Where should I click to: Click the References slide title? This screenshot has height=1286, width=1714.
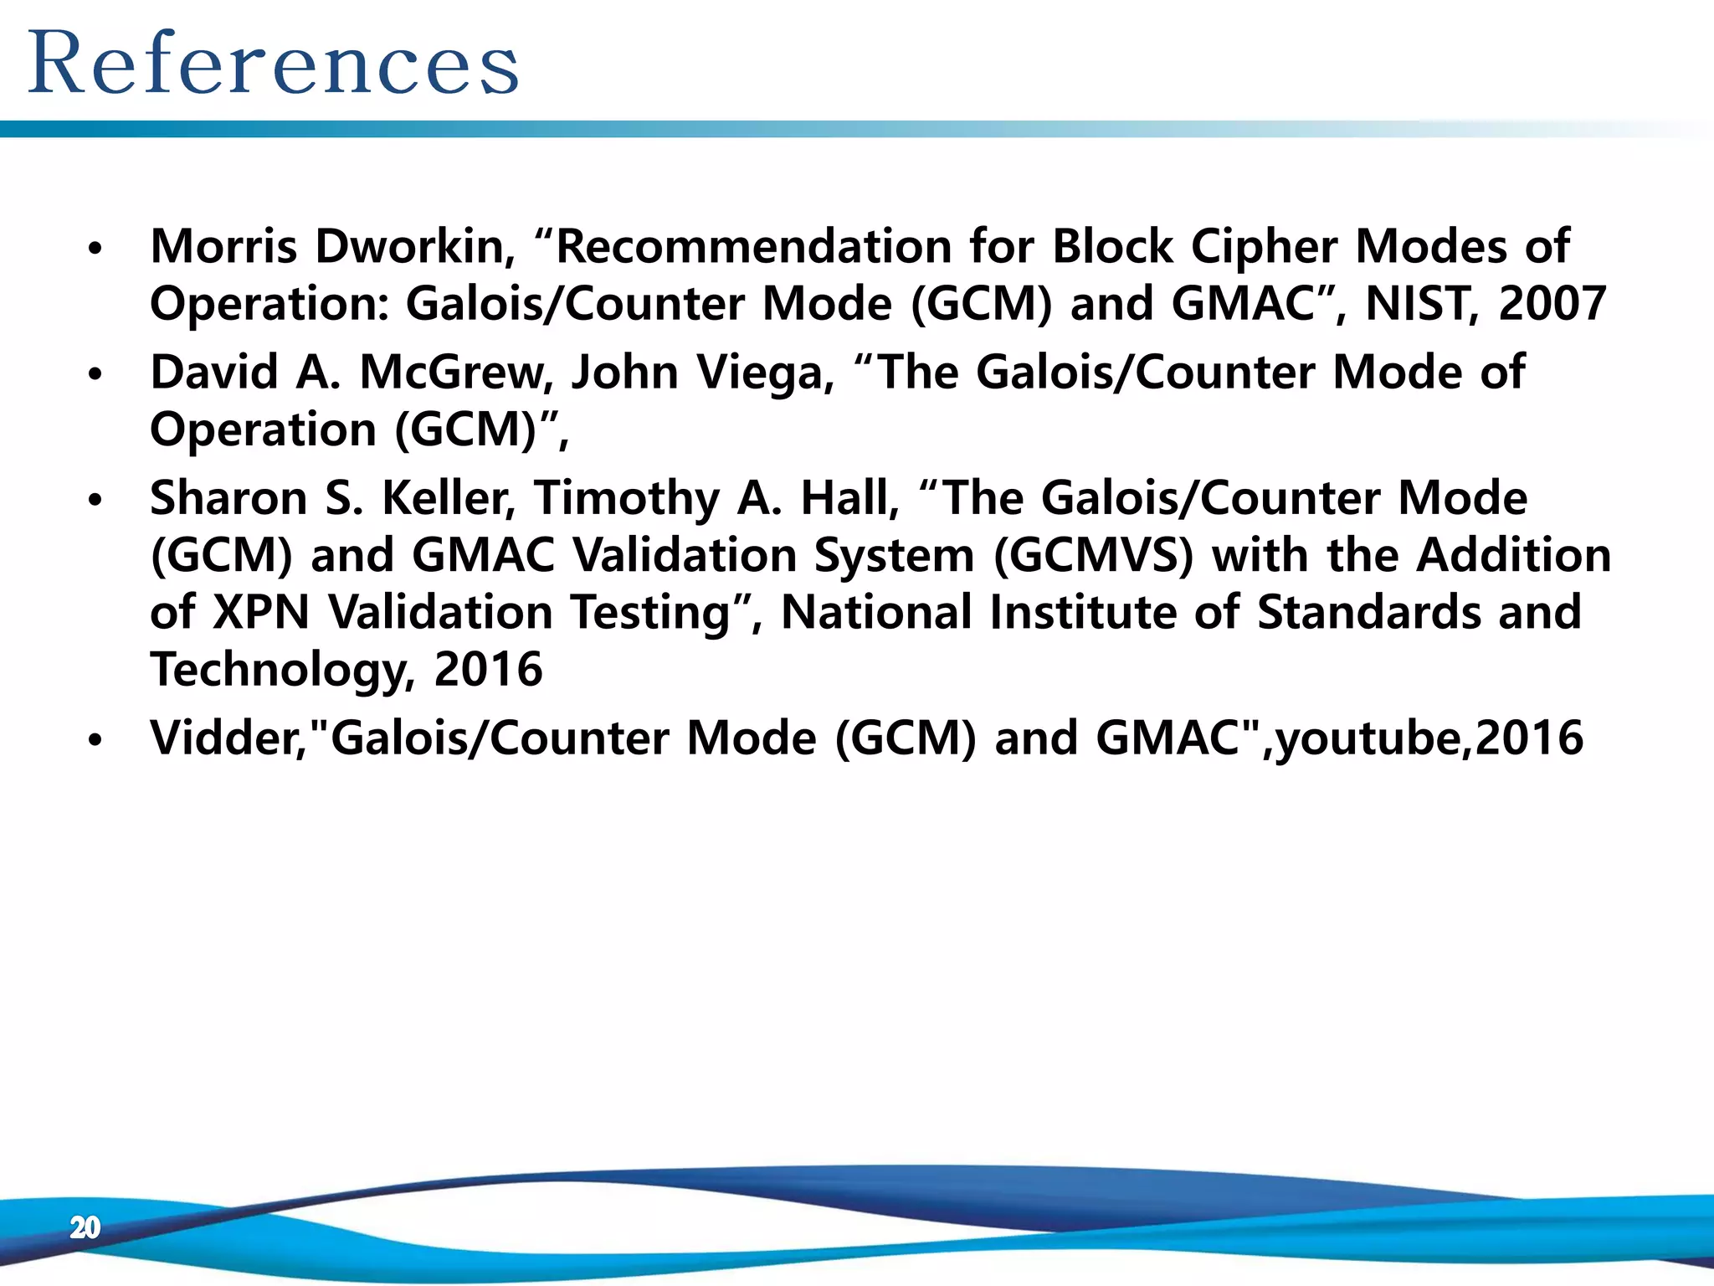pos(274,64)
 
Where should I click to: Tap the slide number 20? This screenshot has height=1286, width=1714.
pos(85,1227)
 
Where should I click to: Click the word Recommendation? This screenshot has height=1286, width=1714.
pos(753,246)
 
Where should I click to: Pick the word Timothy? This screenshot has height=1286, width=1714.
pos(627,499)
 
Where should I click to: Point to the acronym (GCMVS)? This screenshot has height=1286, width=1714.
pos(1092,555)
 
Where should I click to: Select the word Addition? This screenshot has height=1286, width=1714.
pos(1514,555)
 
